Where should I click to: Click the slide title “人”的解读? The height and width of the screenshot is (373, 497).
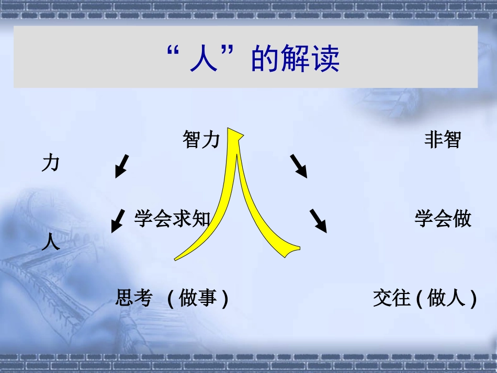252,58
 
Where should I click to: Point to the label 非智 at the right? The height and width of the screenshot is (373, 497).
442,140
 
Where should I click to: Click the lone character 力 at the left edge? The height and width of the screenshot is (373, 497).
51,164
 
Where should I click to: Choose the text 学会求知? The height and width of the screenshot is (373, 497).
172,219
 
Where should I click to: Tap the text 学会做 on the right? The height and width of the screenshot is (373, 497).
443,219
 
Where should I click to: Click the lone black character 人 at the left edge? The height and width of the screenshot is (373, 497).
51,242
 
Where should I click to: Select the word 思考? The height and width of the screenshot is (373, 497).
133,298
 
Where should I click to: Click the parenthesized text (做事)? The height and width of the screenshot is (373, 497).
198,299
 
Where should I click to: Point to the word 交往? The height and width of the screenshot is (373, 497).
392,298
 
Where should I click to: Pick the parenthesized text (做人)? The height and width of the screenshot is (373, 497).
447,299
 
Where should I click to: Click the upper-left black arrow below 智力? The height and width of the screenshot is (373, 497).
121,166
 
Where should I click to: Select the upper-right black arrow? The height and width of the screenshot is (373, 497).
298,166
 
